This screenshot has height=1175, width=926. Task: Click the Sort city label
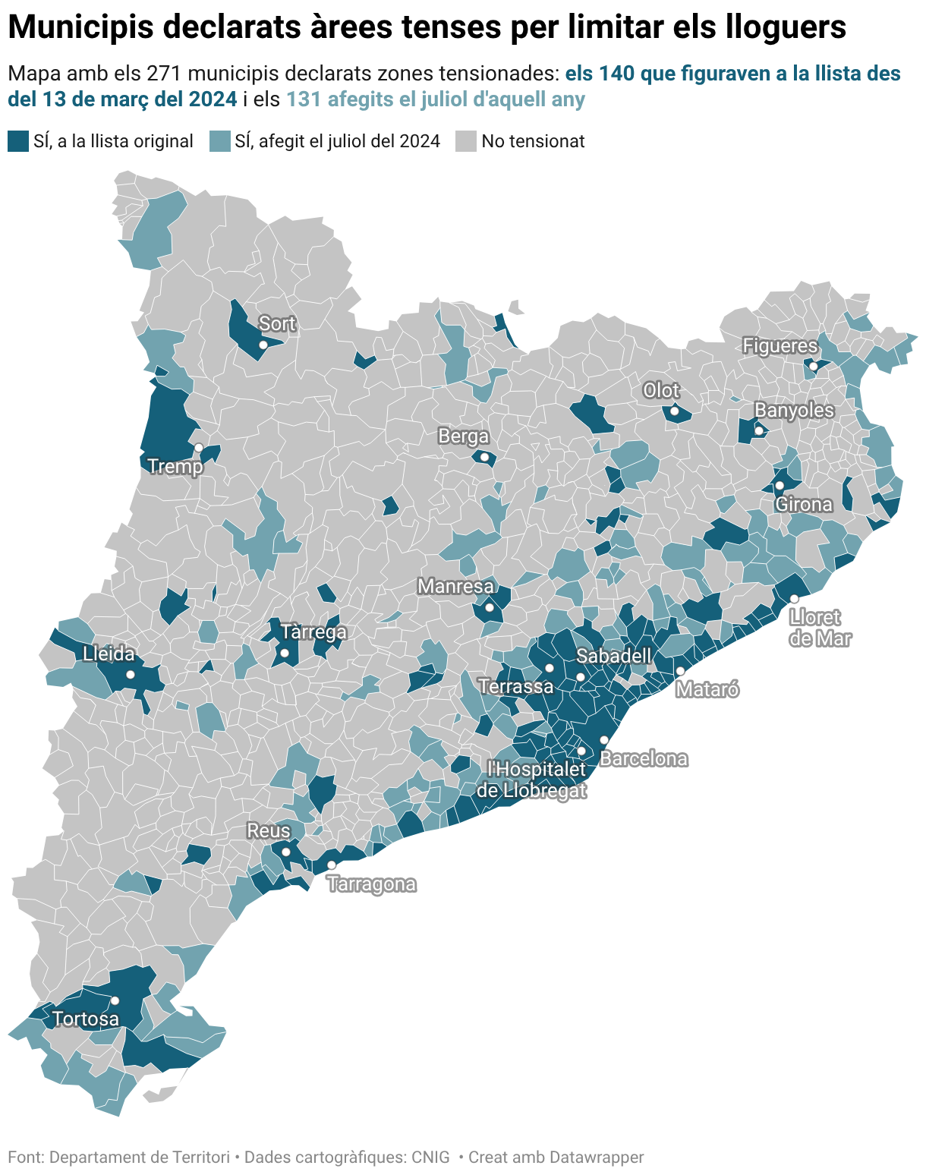[x=277, y=324]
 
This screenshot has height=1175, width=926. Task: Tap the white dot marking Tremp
[x=199, y=447]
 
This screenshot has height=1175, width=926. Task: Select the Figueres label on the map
[x=780, y=346]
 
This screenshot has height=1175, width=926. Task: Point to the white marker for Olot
[x=674, y=411]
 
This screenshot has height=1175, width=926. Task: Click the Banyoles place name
[x=794, y=411]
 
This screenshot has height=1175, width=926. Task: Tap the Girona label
[x=804, y=505]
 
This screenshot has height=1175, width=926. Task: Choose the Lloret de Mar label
[x=820, y=628]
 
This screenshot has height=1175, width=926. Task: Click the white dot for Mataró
[x=680, y=671]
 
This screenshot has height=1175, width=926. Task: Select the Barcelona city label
[x=644, y=758]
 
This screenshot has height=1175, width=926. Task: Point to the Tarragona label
[x=372, y=884]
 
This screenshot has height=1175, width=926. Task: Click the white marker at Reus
[x=286, y=852]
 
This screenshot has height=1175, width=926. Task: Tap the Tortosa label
[x=86, y=1019]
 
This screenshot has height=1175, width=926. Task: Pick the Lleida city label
[x=109, y=654]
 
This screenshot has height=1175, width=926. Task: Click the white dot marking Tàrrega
[x=285, y=653]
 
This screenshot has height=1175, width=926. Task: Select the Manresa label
[x=455, y=587]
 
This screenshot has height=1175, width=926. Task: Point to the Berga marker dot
[x=484, y=457]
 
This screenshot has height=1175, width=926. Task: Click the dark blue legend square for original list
[x=18, y=141]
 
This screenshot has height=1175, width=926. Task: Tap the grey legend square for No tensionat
[x=466, y=141]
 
